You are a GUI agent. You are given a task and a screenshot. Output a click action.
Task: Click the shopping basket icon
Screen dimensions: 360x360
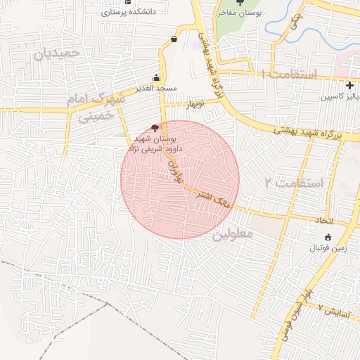(174, 39)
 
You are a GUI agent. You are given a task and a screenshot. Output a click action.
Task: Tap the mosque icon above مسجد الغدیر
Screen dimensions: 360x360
(156, 78)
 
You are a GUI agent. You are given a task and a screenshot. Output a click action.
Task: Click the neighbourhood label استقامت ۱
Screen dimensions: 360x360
(288, 74)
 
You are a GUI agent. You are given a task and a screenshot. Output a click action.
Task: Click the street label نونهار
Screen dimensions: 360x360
(194, 104)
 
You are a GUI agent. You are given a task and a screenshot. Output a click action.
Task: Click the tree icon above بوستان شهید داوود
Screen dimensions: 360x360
(155, 127)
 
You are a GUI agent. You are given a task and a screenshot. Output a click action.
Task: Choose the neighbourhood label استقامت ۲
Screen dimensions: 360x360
(293, 184)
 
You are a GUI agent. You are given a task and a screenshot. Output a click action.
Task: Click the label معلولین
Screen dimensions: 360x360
(232, 234)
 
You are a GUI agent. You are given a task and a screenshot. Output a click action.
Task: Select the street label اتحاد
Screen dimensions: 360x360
(323, 221)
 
